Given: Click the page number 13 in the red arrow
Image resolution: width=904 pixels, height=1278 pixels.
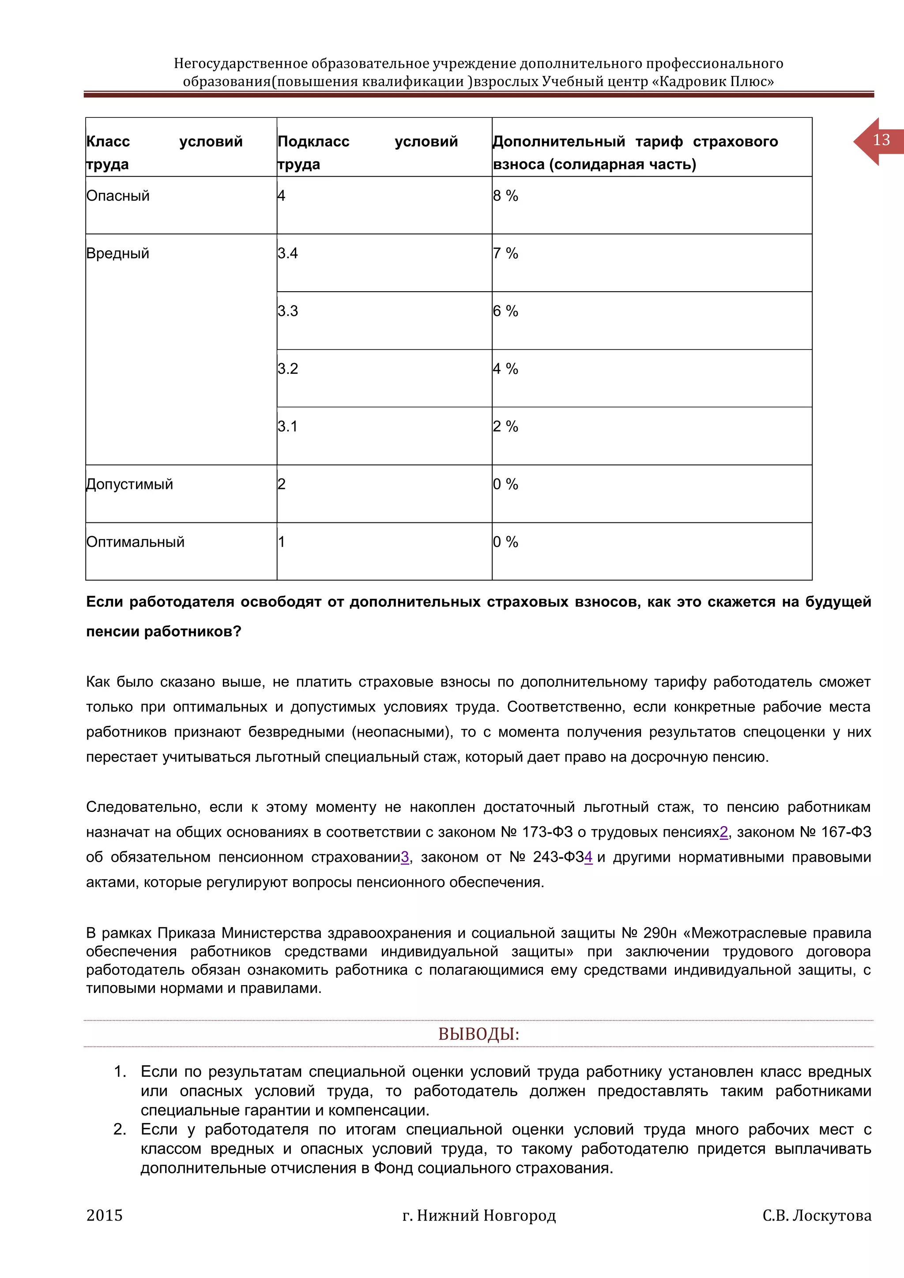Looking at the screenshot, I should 881,140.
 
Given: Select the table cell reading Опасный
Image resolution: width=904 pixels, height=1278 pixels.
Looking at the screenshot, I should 118,196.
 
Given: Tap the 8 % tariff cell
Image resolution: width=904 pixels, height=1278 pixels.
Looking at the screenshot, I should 505,196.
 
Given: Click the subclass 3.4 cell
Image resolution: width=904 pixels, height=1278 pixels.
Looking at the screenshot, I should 288,253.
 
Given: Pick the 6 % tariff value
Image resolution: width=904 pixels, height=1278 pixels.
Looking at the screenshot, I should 505,311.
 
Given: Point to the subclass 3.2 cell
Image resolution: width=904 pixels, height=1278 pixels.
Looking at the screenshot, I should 288,369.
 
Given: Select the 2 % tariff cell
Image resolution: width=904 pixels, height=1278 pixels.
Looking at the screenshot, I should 505,426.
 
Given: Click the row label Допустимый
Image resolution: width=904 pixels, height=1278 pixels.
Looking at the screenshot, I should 130,484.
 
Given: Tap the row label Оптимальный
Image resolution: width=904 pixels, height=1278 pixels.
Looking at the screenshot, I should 135,542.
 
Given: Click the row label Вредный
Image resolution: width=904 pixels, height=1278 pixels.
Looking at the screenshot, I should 118,253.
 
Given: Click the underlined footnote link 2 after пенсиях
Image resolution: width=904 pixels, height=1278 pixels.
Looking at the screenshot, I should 723,832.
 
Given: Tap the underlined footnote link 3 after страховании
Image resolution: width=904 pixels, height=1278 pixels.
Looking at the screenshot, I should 405,857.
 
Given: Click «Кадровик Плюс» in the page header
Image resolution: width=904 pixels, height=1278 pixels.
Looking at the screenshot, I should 712,82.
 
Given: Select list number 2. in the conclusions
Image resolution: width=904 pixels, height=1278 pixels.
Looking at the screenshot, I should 120,1129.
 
